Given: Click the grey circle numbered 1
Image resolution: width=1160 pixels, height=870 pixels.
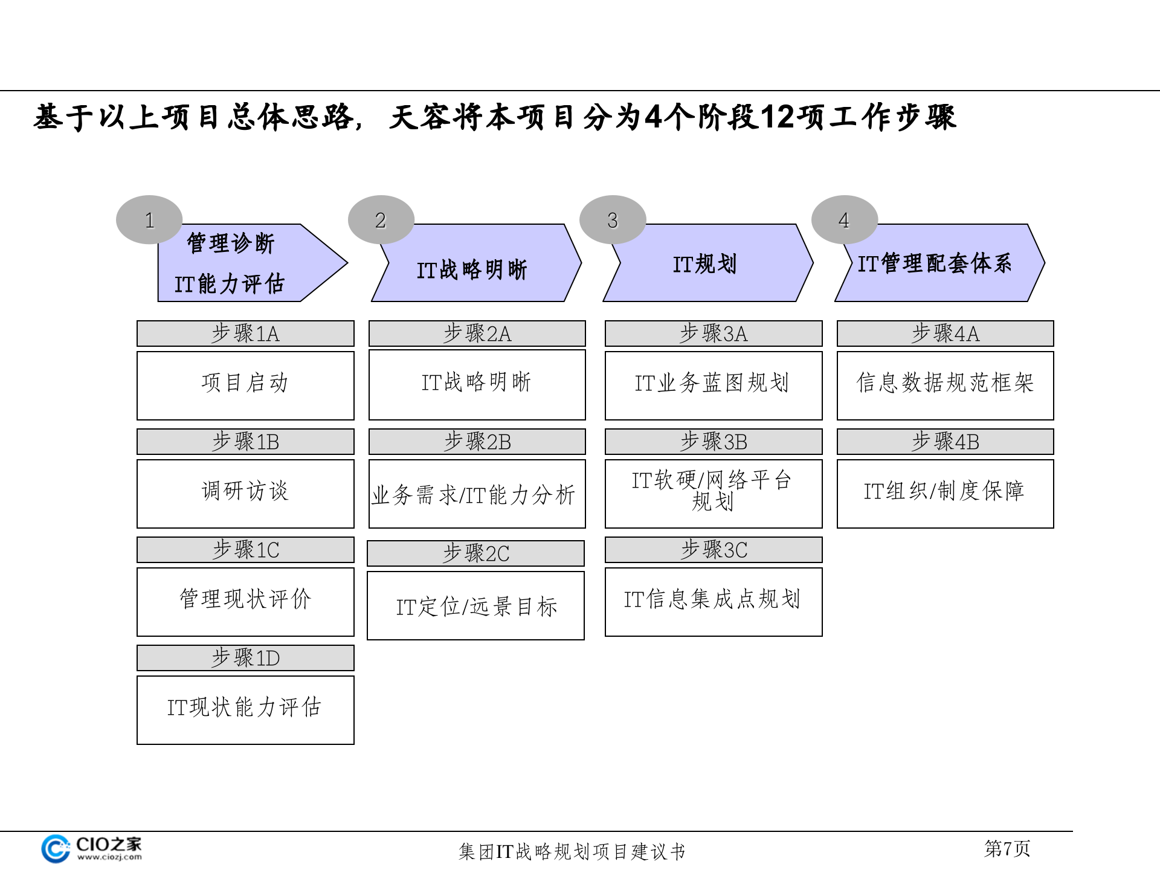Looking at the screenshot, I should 149,220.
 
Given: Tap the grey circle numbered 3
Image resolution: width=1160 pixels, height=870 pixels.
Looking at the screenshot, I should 613,220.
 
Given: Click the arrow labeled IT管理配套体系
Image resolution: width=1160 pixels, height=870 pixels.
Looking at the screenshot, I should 939,264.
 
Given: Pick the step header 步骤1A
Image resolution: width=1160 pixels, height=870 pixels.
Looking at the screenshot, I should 245,333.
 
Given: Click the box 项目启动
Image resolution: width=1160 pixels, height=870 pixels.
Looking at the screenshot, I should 245,385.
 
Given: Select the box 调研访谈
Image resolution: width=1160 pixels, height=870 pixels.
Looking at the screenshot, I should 245,494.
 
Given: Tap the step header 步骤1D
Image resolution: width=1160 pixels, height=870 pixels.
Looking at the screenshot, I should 245,658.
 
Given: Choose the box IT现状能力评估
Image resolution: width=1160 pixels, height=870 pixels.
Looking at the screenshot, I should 245,710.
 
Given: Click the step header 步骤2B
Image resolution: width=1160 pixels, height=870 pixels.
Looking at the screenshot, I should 477,442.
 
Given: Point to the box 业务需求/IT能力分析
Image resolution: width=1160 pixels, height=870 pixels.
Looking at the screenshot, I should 477,494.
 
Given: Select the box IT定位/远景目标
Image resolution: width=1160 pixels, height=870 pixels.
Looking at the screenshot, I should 476,605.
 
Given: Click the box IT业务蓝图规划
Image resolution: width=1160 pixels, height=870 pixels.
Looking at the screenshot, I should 714,385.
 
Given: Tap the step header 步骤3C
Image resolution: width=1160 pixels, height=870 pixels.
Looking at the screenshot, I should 714,550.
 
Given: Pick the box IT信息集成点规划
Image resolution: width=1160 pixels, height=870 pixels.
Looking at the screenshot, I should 714,602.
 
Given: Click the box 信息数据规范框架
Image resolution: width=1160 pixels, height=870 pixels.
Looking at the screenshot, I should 945,385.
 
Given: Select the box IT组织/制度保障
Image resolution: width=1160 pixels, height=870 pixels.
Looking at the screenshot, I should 945,494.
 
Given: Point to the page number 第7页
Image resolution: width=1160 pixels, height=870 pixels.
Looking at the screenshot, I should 1007,848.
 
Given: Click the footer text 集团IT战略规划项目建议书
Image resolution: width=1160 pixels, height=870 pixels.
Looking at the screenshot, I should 572,851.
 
